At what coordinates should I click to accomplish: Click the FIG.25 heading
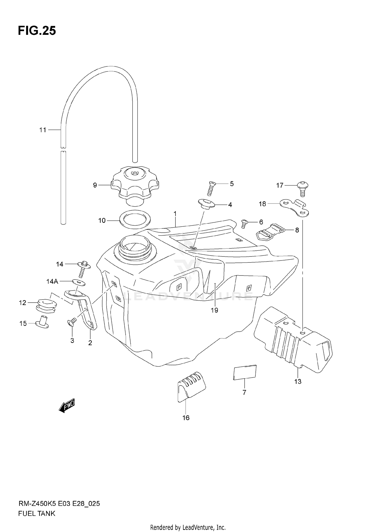tap(37, 31)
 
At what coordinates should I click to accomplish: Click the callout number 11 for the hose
tap(43, 130)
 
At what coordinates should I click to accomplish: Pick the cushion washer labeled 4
tap(206, 204)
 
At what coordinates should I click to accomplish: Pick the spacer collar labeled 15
tap(42, 324)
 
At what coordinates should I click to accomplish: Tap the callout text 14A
tap(52, 282)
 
